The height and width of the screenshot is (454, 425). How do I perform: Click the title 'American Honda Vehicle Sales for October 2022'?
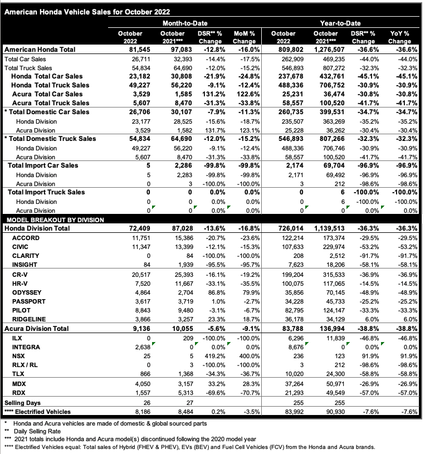click(x=87, y=11)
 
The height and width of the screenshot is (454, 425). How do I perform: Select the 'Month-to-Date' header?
click(x=185, y=23)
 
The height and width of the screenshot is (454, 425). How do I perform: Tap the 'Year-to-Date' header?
click(x=340, y=23)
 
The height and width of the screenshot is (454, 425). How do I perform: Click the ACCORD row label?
click(x=25, y=237)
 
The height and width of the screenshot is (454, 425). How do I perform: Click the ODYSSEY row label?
click(x=27, y=291)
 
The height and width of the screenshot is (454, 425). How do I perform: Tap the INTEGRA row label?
click(x=26, y=346)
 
